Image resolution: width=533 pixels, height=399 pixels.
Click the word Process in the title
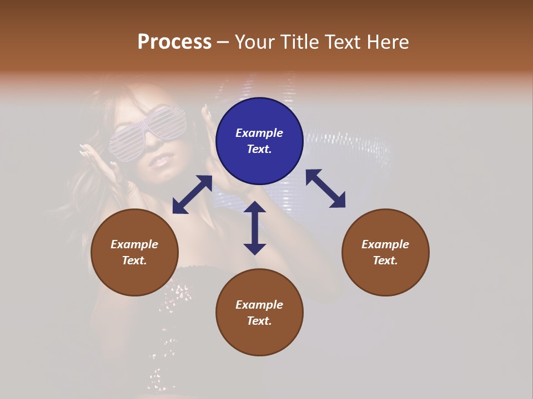174,42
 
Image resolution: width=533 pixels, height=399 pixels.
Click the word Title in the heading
296,42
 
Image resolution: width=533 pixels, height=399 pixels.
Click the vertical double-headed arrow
255,228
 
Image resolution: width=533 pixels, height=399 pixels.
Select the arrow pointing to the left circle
192,195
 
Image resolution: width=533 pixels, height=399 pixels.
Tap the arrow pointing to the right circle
325,188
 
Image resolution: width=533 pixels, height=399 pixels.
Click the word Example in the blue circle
259,133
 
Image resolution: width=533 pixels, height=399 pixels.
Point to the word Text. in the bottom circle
259,321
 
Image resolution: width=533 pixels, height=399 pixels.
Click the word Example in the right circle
385,244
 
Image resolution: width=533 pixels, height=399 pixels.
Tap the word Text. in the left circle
134,260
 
